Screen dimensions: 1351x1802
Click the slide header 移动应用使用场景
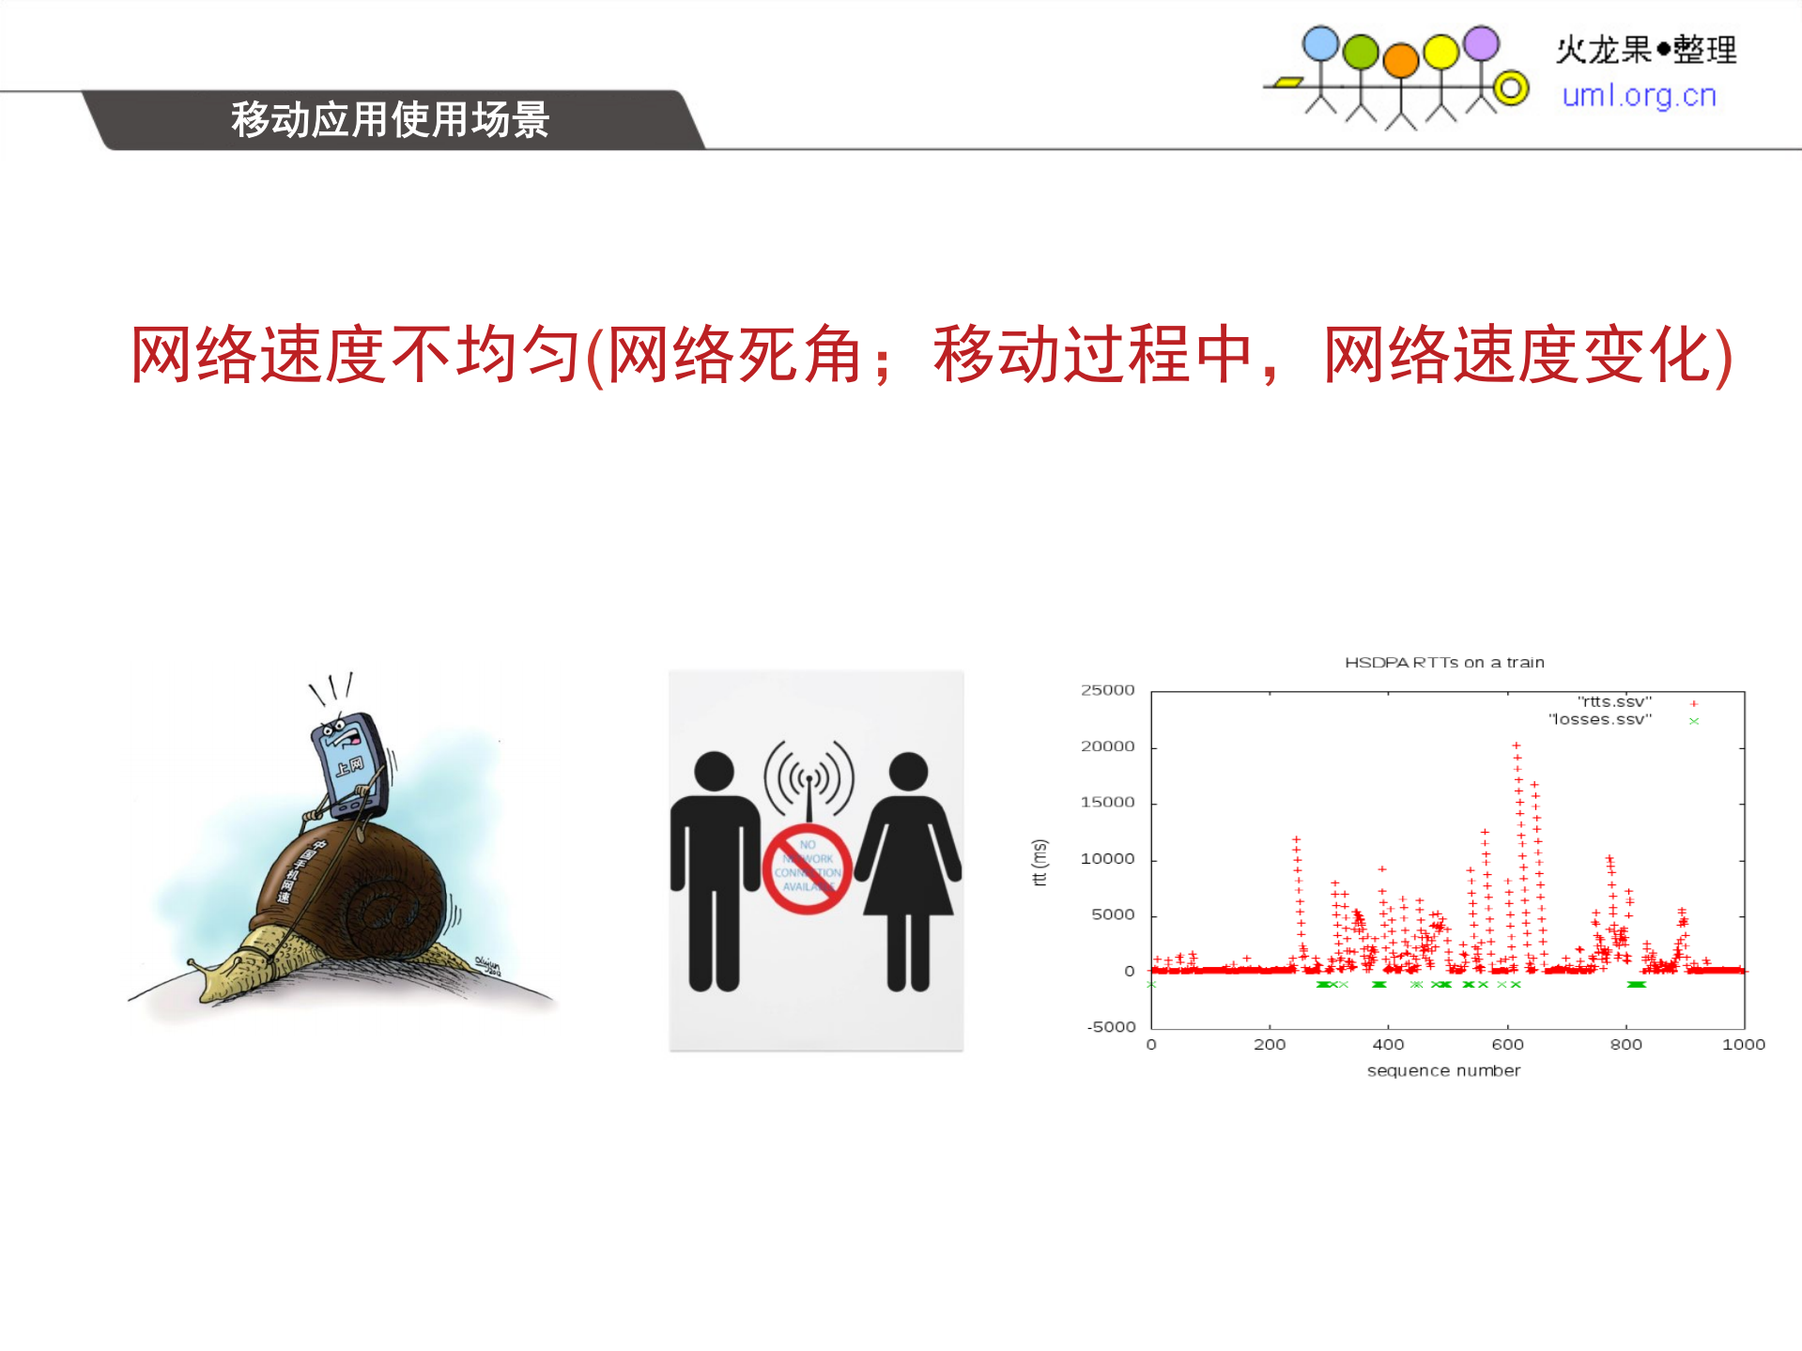pos(390,120)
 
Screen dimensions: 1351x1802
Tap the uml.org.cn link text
pos(1639,96)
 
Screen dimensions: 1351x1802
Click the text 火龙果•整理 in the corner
pos(1645,50)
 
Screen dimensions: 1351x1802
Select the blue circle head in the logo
pos(1320,44)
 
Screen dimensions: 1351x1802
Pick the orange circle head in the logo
pos(1400,60)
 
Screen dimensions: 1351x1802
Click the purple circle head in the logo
pos(1481,43)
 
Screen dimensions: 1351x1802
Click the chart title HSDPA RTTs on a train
pos(1443,662)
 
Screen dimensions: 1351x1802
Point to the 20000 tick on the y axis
pos(1107,746)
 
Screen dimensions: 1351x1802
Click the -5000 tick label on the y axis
pos(1111,1026)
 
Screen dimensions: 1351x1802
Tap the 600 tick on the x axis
pos(1507,1044)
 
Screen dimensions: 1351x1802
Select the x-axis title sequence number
pos(1443,1070)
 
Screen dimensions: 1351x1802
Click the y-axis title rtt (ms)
pos(1039,862)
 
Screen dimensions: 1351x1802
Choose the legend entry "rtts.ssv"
pos(1614,701)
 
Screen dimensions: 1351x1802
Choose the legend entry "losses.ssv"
pos(1600,719)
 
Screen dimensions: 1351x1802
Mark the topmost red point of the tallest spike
pos(1516,745)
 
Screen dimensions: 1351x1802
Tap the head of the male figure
pos(714,771)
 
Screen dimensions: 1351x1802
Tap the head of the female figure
pos(908,771)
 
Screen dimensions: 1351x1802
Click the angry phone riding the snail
pos(349,765)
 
